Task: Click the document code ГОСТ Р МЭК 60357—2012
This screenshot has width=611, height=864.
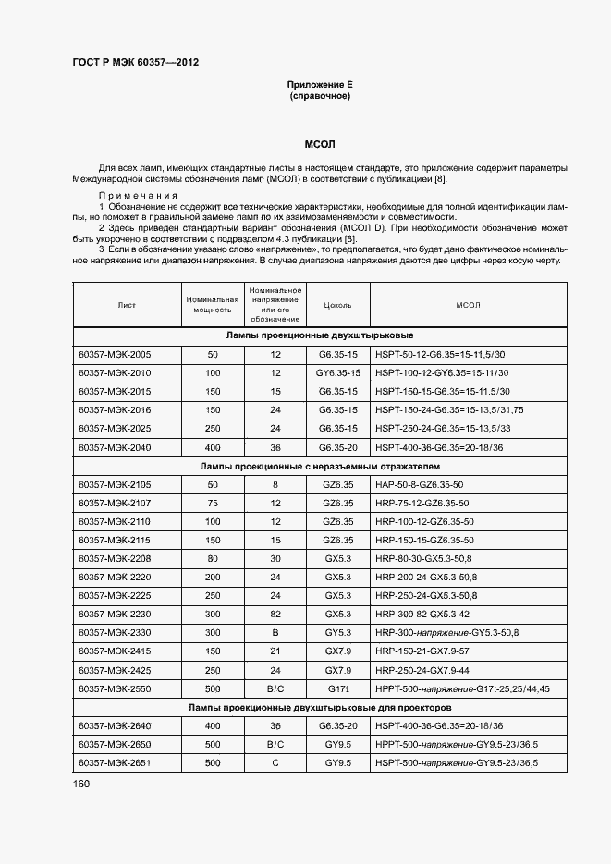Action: point(135,63)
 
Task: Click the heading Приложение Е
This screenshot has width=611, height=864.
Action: point(320,84)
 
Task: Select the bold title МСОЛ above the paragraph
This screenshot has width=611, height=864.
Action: point(320,145)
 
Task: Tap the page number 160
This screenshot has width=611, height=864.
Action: point(81,784)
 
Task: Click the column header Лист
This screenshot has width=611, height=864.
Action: point(127,304)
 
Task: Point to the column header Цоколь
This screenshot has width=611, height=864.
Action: point(337,304)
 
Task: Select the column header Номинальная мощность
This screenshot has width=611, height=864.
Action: point(213,304)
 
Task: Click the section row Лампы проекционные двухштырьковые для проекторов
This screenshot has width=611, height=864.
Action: point(320,707)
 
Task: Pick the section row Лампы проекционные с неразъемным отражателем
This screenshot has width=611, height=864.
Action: point(320,466)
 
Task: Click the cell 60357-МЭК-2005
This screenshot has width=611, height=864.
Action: point(115,354)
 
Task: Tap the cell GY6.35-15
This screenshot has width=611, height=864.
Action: point(337,372)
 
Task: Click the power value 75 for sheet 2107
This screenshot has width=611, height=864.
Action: point(213,503)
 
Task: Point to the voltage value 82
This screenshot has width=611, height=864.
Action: point(275,614)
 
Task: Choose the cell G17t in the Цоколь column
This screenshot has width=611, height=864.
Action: point(337,688)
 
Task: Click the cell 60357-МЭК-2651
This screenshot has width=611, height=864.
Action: point(115,762)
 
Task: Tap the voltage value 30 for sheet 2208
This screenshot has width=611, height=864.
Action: point(275,558)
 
